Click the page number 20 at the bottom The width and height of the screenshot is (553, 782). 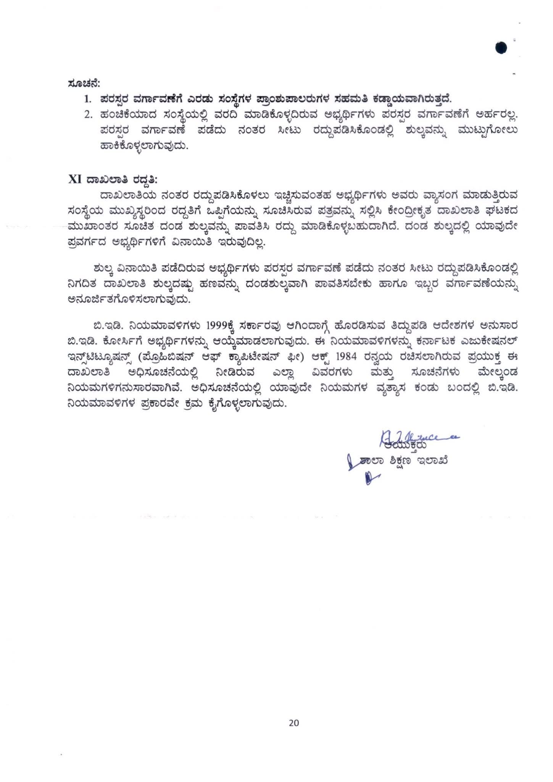(x=294, y=722)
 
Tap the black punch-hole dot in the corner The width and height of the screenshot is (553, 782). (x=501, y=48)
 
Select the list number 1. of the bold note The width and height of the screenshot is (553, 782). (x=88, y=99)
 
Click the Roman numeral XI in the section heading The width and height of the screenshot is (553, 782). (x=75, y=179)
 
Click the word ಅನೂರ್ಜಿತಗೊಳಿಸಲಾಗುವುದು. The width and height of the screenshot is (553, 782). (x=129, y=300)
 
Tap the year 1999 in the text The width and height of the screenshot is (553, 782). (x=217, y=325)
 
